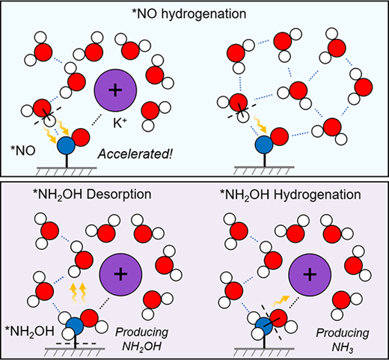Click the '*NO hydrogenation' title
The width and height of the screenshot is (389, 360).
(189, 14)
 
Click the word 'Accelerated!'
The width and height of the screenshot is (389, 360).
(135, 154)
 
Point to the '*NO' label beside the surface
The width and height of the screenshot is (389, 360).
(23, 150)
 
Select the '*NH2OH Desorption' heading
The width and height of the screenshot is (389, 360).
(92, 195)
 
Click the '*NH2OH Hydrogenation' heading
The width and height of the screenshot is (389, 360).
(290, 195)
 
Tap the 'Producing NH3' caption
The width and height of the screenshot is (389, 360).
(343, 341)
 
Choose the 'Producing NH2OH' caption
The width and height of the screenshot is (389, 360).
(141, 340)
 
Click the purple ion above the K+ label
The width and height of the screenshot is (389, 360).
(115, 91)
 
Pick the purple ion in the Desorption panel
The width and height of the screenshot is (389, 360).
(120, 275)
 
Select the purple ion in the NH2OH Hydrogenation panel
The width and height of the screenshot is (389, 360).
(310, 275)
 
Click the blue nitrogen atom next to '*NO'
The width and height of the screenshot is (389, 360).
(66, 145)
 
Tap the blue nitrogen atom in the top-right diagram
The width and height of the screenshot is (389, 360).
(264, 145)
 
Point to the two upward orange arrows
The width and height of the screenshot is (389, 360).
(78, 293)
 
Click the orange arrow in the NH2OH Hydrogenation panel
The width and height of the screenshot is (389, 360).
(281, 301)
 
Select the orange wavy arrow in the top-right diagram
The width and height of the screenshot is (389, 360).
(260, 124)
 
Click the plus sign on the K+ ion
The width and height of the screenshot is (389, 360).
(115, 91)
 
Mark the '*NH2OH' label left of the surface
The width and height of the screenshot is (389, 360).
(29, 332)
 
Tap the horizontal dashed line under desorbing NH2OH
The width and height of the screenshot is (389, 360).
(76, 344)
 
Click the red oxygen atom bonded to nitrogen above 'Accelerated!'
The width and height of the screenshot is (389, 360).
(81, 137)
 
